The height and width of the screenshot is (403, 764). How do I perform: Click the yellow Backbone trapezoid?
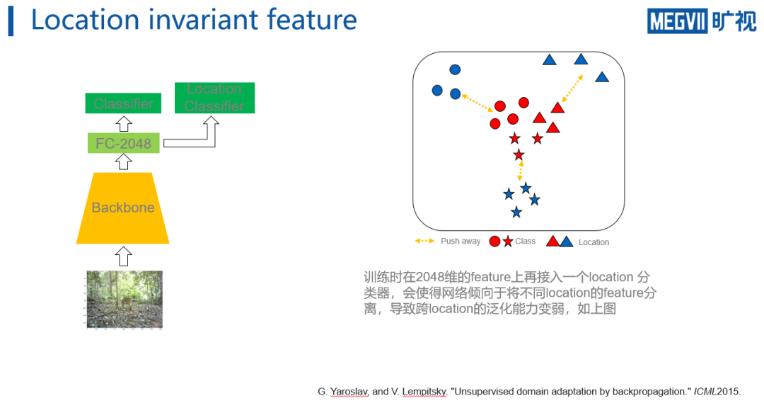click(x=123, y=208)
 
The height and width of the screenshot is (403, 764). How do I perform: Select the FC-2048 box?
click(x=123, y=144)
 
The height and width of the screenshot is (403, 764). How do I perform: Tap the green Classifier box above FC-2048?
click(x=123, y=103)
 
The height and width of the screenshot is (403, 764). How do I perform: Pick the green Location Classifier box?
click(x=214, y=98)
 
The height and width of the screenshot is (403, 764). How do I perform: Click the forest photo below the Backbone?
click(x=124, y=299)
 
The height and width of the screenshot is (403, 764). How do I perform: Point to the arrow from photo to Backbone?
click(x=123, y=256)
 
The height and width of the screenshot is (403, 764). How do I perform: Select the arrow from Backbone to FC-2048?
click(x=123, y=162)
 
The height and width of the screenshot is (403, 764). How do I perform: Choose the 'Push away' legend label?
click(x=461, y=242)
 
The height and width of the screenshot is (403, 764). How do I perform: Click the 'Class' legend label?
click(x=526, y=242)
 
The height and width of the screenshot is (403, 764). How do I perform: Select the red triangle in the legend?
click(x=552, y=242)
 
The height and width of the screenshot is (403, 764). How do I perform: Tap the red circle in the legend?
click(x=495, y=242)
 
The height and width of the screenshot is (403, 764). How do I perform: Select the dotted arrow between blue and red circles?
click(x=477, y=103)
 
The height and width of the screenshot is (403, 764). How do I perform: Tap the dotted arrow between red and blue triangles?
click(x=572, y=90)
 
